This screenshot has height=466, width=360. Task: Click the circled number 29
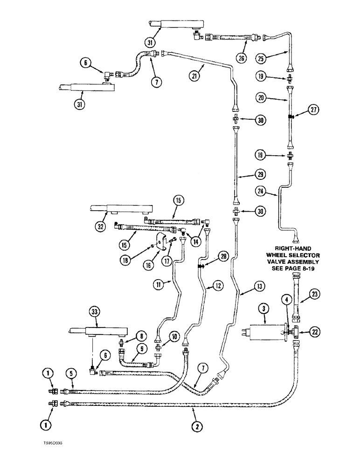[x=261, y=175]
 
